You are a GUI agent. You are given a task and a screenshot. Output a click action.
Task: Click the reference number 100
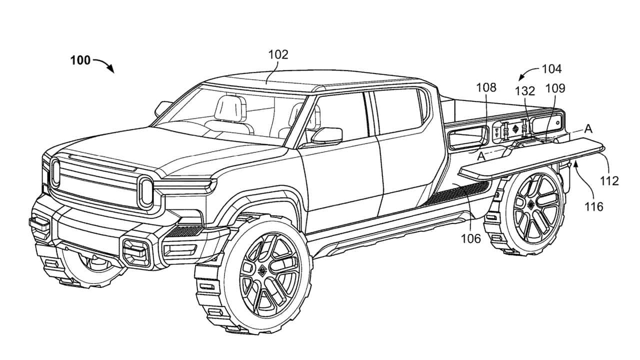pos(80,61)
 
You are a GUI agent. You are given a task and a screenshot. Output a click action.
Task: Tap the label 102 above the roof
pos(278,54)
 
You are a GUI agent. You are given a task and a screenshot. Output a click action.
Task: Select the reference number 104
pos(551,69)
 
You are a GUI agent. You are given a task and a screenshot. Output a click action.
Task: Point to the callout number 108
pos(486,87)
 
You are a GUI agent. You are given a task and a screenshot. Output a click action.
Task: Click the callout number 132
pos(525,91)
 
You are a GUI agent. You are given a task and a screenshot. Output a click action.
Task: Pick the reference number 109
pos(555,88)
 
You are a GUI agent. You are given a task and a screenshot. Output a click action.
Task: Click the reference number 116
pos(594,205)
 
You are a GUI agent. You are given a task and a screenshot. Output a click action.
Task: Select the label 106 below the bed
pos(471,238)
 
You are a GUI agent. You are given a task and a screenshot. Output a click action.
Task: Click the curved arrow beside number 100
pos(104,65)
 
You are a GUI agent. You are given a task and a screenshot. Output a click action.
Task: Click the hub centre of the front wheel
pos(262,270)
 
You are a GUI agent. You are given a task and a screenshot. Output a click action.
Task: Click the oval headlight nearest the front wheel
pos(145,191)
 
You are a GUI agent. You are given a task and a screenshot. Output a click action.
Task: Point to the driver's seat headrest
pos(230,106)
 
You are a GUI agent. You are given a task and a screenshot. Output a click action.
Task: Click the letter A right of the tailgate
pos(588,128)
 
